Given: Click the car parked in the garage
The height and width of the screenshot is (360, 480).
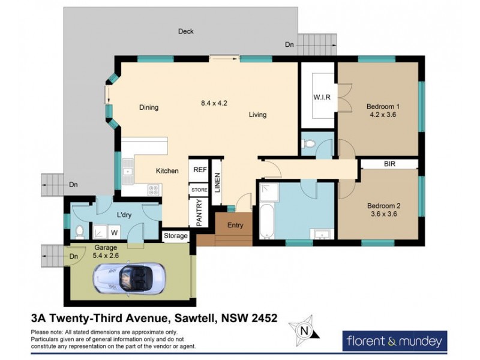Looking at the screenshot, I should [x=128, y=278].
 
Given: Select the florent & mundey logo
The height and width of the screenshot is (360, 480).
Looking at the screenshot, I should [x=395, y=341].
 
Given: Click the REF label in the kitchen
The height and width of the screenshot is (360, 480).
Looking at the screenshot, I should [x=200, y=170].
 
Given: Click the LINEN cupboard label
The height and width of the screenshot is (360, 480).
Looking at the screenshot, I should [x=217, y=182].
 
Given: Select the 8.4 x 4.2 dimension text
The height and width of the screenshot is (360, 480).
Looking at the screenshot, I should [x=214, y=103].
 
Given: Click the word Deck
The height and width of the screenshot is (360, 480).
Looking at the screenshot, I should [x=186, y=32].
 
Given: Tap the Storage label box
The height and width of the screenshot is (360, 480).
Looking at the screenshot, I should [x=176, y=236].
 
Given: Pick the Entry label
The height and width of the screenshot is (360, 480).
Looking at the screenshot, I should [x=235, y=226].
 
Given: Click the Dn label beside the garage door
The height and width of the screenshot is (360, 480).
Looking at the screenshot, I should [x=73, y=257].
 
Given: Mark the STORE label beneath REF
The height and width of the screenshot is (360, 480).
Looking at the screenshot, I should [x=200, y=190].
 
